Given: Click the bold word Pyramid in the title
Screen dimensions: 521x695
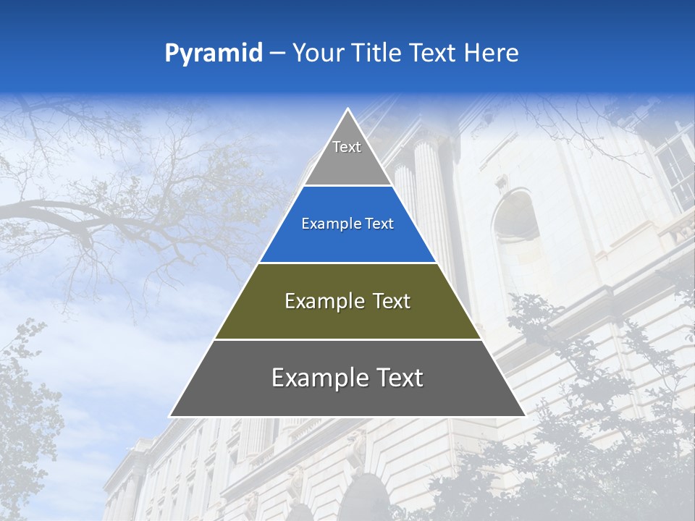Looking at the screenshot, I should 213,53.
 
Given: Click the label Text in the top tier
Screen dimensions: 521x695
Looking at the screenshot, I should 347,147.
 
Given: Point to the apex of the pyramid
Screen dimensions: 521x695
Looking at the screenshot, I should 347,110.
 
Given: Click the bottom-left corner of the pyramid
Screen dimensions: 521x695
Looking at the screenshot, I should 171,415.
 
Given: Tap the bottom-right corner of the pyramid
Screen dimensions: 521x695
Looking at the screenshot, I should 524,415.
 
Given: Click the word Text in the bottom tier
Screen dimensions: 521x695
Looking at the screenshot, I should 400,378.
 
